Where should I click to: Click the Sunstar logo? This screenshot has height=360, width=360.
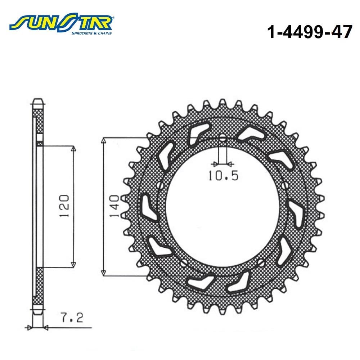[x=61, y=24]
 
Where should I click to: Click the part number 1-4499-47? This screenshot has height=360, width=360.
[x=310, y=32]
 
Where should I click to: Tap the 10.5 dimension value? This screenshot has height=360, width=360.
[x=224, y=176]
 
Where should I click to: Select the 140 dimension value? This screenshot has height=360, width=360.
[x=114, y=206]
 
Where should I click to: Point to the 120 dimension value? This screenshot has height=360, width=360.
[x=64, y=206]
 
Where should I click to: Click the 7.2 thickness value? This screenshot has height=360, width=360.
[x=72, y=318]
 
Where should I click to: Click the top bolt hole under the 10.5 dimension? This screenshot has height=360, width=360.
[x=222, y=139]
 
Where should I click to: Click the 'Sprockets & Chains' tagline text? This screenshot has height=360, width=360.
[x=91, y=33]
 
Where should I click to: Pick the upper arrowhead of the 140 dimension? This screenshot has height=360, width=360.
[x=104, y=140]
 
